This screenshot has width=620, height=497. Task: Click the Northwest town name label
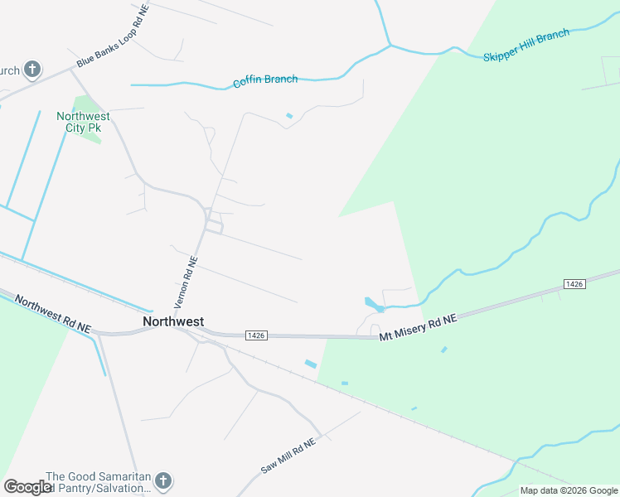[x=173, y=321]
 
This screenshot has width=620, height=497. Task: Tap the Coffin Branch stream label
[x=264, y=80]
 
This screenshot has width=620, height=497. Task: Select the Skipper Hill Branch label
[x=526, y=46]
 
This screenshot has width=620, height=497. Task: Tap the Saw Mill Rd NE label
[x=288, y=456]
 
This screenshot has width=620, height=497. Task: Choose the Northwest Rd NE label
[x=51, y=316]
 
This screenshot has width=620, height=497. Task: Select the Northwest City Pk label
[x=83, y=122]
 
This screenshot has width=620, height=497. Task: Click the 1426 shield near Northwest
[x=256, y=335]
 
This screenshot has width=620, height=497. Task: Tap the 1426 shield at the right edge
[x=574, y=284]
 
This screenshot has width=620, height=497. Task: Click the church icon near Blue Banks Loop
[x=32, y=70]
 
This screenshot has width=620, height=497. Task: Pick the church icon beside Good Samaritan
[x=163, y=480]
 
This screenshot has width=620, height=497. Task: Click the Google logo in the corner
[x=27, y=487]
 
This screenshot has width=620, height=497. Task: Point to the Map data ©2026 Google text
[x=569, y=490]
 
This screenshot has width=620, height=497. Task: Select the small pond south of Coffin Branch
[x=288, y=115]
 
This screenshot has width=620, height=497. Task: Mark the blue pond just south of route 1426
[x=311, y=364]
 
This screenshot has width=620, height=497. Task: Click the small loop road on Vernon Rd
[x=214, y=225]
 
